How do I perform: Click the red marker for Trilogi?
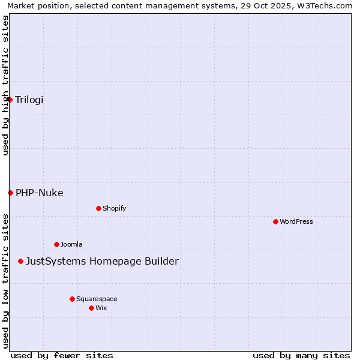click(10, 100)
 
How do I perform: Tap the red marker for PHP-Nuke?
click(10, 193)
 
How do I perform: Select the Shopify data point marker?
click(98, 208)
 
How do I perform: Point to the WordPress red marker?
click(275, 221)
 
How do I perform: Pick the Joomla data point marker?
click(56, 244)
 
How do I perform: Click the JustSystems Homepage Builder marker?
click(21, 261)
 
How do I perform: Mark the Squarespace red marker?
click(72, 299)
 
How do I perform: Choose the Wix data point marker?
click(91, 308)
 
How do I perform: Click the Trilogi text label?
click(29, 100)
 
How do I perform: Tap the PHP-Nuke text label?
click(40, 193)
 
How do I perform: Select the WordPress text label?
click(296, 221)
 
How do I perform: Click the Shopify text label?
click(115, 208)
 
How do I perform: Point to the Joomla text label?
click(71, 244)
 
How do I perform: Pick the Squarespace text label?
click(97, 299)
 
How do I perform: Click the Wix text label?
click(101, 308)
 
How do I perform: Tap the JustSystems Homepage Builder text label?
click(102, 261)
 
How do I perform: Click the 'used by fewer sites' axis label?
click(62, 355)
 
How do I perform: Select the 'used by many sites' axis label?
click(301, 355)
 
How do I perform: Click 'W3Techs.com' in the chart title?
click(327, 6)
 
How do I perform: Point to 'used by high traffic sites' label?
click(6, 85)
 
